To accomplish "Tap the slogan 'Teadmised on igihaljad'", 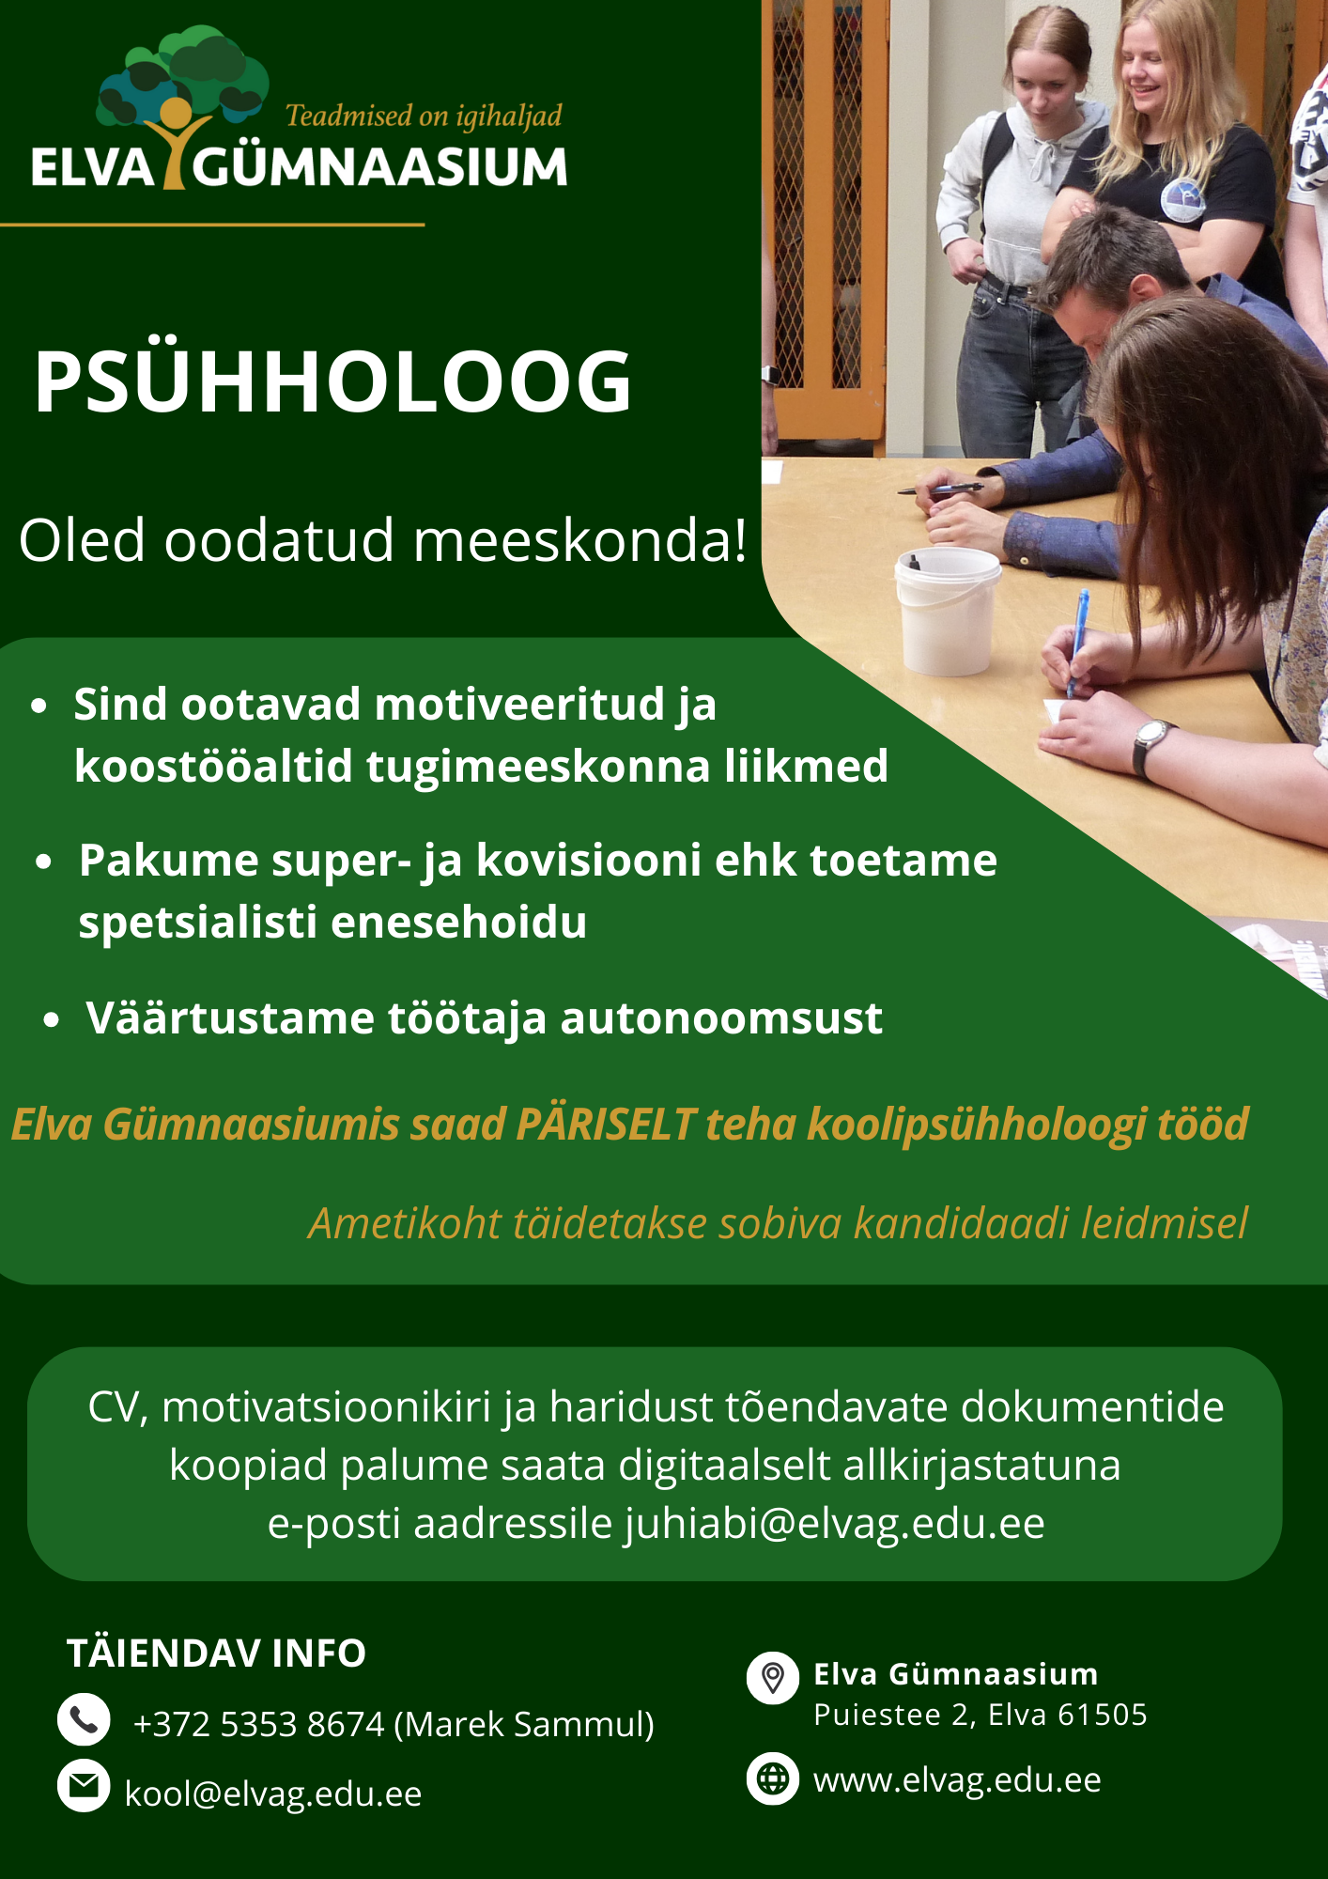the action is tap(424, 116).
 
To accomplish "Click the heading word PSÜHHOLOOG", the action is tap(333, 380).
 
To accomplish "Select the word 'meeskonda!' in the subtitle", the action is tap(580, 541).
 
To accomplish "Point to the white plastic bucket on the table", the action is tap(947, 611).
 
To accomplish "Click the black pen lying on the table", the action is tap(940, 489).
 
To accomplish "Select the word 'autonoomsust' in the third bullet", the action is tap(721, 1018).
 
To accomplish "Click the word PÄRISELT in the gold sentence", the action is tap(606, 1124).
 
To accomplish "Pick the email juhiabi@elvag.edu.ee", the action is tap(835, 1524).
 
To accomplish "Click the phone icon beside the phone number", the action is tap(84, 1719).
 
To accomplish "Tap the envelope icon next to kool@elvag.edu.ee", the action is tap(84, 1785).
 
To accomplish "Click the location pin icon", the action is tap(773, 1677).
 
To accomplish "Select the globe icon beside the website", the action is tap(773, 1778).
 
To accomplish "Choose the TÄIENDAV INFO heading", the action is tap(216, 1654).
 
